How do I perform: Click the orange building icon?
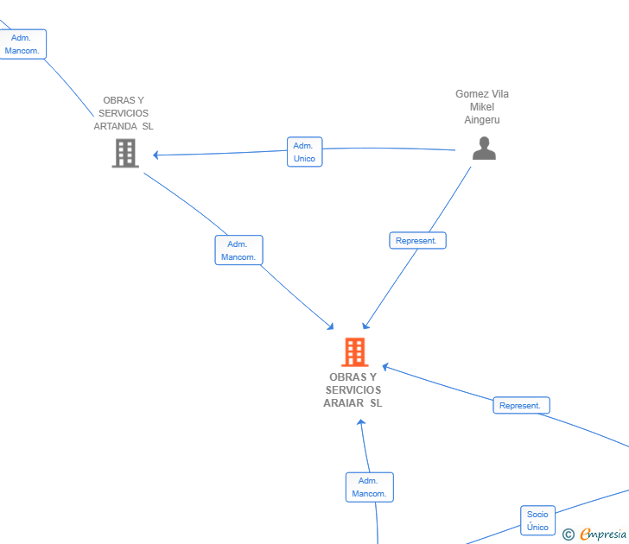(355, 352)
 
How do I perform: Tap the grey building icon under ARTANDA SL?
(125, 153)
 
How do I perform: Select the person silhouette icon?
(484, 149)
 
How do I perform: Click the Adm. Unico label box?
(304, 152)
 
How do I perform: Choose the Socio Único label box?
(538, 521)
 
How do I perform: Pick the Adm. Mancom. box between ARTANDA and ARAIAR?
(238, 250)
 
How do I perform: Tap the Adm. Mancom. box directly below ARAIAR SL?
(370, 487)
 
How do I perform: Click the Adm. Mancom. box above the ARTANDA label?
(22, 44)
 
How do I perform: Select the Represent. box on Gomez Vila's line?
(417, 241)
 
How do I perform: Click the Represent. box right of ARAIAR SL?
(521, 405)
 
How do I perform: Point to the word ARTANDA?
(115, 126)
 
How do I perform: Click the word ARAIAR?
(343, 403)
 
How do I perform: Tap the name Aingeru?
(482, 120)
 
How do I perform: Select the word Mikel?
(482, 107)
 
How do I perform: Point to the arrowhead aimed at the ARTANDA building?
(156, 155)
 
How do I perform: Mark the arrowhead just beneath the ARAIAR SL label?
(361, 422)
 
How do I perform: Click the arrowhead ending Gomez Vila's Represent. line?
(365, 326)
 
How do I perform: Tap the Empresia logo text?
(603, 534)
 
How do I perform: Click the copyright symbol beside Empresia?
(569, 535)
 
